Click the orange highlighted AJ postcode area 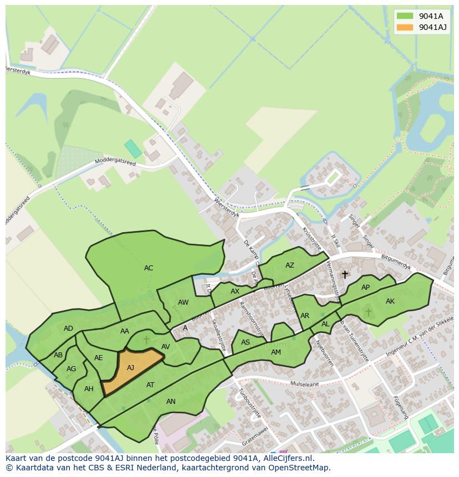point(132,368)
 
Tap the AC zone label point(149,268)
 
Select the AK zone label point(390,301)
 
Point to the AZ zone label point(290,265)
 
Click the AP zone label point(365,288)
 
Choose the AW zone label point(183,302)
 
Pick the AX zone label point(235,291)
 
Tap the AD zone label point(68,329)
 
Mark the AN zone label point(171,402)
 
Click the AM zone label point(276,352)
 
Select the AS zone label point(246,343)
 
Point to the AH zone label point(89,389)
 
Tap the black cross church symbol point(345,274)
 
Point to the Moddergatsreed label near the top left point(115,161)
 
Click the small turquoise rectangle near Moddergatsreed point(133,148)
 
